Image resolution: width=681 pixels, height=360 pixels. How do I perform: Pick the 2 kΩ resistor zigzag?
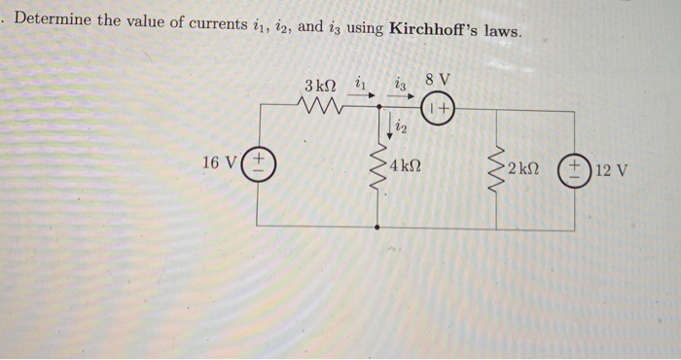[498, 171]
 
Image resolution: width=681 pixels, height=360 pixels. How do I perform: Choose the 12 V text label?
[611, 171]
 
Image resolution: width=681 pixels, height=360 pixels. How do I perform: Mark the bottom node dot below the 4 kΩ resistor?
[377, 226]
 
